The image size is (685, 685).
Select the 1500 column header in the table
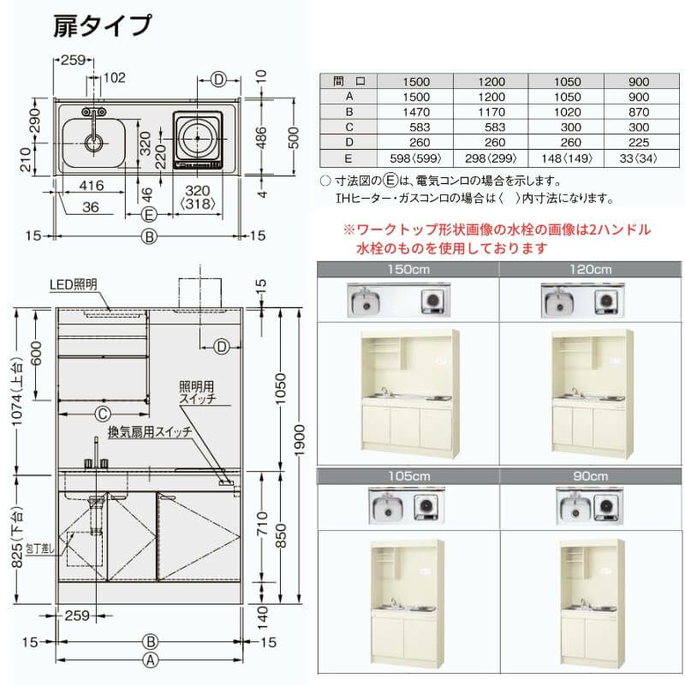click(415, 82)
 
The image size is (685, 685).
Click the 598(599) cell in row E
click(415, 158)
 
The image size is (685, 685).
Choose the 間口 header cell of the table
click(349, 82)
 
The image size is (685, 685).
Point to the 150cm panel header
click(408, 269)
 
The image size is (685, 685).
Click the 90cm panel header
click(590, 475)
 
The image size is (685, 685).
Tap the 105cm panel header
click(408, 475)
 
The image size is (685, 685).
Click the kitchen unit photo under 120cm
click(591, 393)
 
